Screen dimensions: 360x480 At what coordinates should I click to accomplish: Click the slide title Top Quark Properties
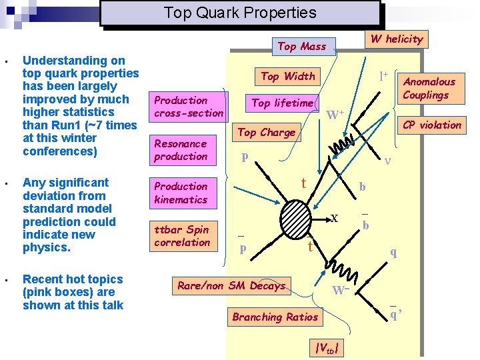click(240, 13)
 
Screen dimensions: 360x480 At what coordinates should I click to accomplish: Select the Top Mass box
click(302, 46)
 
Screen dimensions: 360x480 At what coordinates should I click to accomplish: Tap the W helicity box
click(397, 39)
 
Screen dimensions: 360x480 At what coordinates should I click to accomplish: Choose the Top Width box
click(288, 76)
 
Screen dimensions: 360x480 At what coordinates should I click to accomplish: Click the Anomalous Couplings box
click(429, 88)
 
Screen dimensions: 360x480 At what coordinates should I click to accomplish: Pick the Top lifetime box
click(283, 103)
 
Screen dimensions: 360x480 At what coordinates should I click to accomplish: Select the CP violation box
click(432, 125)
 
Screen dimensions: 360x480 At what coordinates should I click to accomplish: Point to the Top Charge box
click(267, 132)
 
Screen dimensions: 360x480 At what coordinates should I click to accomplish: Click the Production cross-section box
click(189, 107)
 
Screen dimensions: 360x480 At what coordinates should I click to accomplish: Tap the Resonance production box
click(181, 150)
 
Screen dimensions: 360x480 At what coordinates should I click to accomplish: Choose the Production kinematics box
click(181, 193)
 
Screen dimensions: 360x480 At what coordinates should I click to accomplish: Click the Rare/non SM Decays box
click(231, 285)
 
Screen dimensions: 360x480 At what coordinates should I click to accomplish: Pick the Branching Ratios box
click(275, 317)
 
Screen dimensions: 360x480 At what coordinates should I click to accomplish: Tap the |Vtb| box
click(329, 347)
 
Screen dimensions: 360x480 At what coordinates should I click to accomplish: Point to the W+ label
click(335, 115)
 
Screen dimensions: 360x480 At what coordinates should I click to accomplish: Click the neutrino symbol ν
click(389, 160)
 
